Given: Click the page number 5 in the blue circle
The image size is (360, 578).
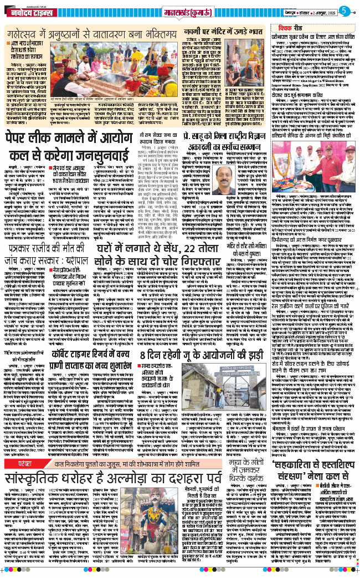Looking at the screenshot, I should tap(343, 11).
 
